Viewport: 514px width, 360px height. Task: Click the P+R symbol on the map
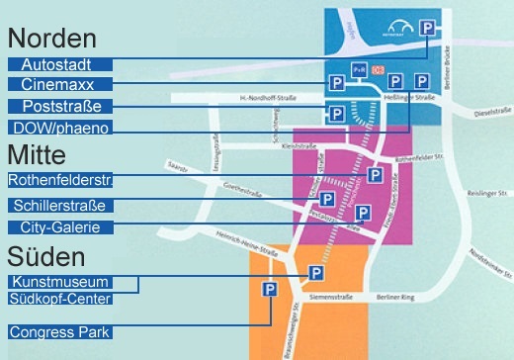click(359, 71)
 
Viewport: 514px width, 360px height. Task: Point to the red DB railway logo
click(376, 70)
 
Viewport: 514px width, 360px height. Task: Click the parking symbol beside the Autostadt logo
click(428, 30)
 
